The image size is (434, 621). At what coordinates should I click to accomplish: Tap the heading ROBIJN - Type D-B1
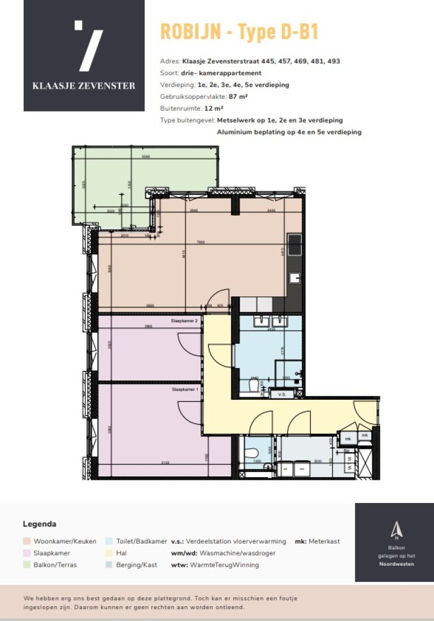[x=239, y=32]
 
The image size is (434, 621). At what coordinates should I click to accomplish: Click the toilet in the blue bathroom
[x=254, y=386]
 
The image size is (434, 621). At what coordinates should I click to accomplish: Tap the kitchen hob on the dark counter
[x=295, y=245]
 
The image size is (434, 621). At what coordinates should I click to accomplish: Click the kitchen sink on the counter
[x=295, y=277]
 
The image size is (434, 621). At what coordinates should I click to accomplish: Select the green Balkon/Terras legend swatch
[x=27, y=564]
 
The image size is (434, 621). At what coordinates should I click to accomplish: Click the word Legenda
[x=40, y=524]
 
